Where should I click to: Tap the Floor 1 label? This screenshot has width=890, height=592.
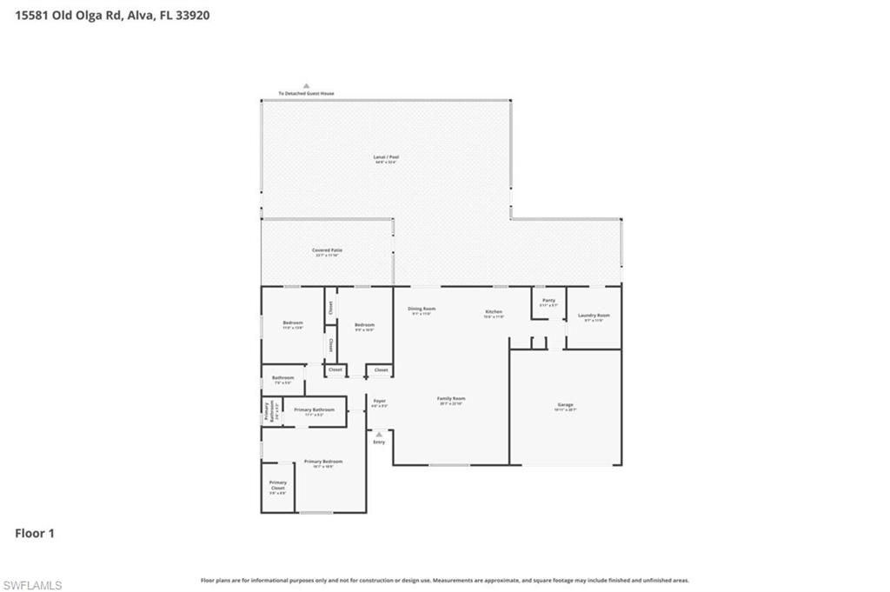click(35, 533)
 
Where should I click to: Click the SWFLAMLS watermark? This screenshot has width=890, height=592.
click(32, 585)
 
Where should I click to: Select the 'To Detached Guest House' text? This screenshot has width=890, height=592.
click(306, 93)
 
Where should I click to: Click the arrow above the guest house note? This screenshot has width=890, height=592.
click(306, 85)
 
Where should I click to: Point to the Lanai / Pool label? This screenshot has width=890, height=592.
click(387, 157)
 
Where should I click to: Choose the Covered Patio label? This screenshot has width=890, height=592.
click(328, 250)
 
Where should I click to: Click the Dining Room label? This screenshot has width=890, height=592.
click(422, 309)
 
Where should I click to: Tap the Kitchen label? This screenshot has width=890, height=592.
click(494, 311)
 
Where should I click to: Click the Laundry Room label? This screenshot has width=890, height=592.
click(594, 316)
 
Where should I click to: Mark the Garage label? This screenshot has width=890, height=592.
click(566, 404)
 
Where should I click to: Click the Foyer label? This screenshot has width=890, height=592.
click(379, 401)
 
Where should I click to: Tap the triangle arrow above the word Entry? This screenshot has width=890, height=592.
click(379, 434)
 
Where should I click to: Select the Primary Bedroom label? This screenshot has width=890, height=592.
click(322, 462)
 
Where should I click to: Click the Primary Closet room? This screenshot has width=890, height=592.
click(278, 487)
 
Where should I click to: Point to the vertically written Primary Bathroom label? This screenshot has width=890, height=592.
click(267, 411)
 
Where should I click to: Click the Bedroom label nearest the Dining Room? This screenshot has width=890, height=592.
click(365, 325)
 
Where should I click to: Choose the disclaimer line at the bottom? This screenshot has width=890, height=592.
click(445, 580)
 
